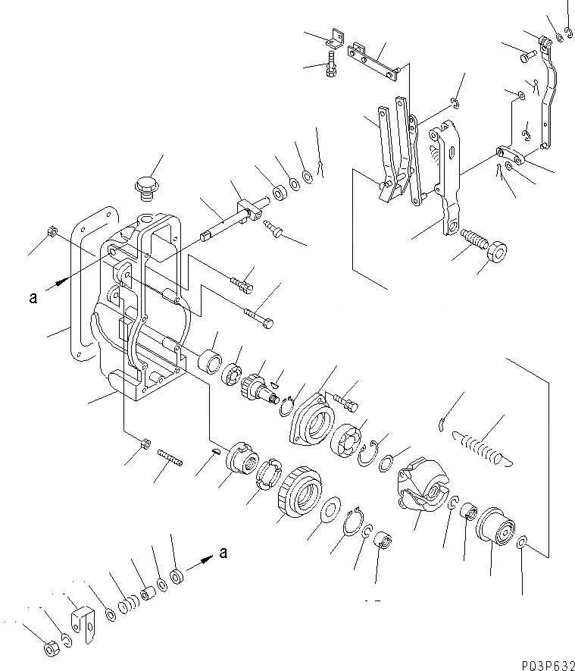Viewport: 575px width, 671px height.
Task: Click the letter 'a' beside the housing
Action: [33, 298]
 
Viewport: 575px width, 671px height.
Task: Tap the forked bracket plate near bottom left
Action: [82, 620]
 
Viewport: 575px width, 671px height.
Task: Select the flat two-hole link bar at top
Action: [373, 61]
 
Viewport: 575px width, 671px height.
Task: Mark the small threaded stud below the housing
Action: [171, 458]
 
